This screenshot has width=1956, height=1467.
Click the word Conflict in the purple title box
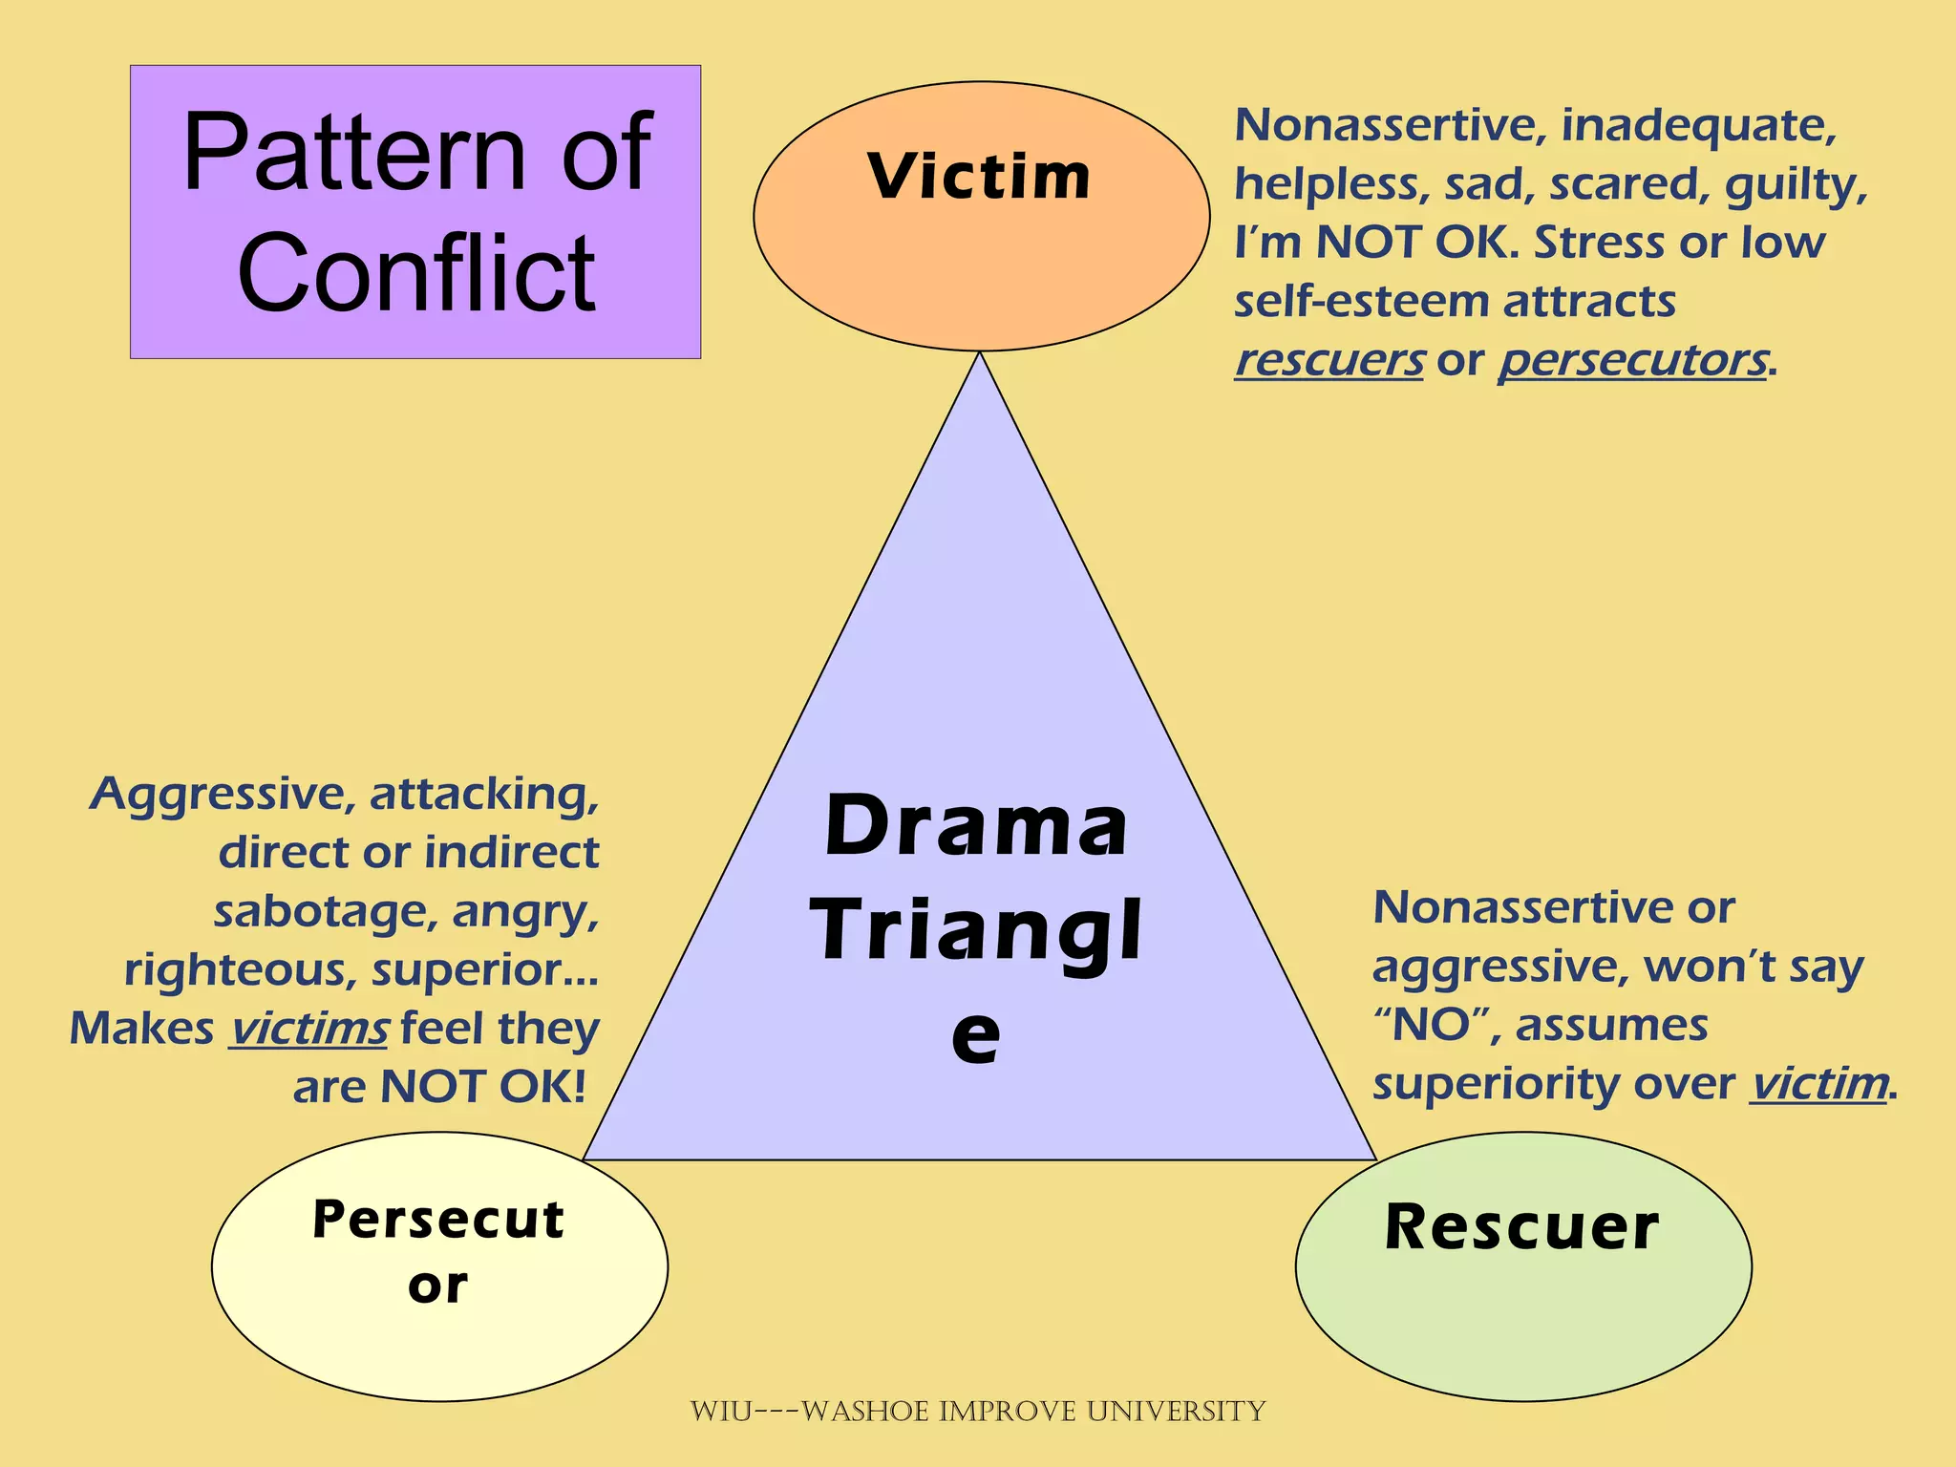(416, 274)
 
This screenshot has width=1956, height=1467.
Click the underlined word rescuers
(1329, 361)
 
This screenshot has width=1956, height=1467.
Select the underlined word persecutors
(1632, 361)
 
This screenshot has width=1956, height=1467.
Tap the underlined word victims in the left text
(308, 1030)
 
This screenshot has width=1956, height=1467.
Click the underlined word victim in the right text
(1819, 1084)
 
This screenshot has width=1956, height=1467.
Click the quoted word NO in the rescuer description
(1429, 1026)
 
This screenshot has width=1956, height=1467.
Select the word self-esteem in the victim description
(1360, 303)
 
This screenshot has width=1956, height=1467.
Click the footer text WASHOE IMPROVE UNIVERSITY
(1031, 1412)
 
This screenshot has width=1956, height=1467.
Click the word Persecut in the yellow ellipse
(438, 1220)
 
